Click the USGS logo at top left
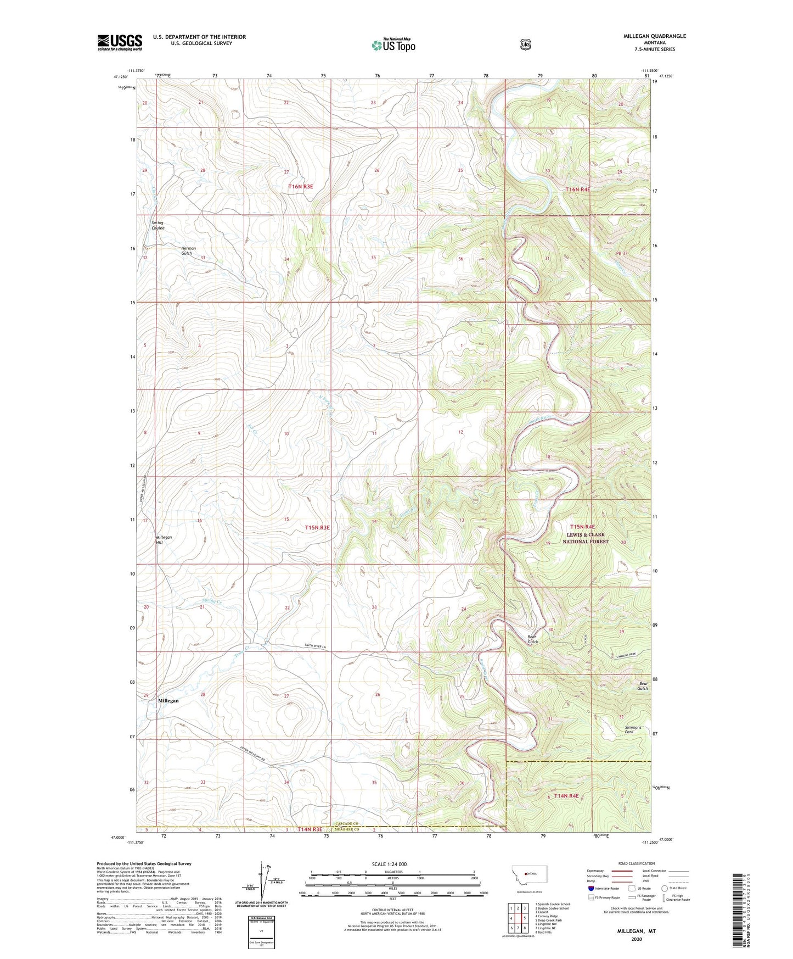[x=120, y=42]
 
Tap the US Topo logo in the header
[x=392, y=45]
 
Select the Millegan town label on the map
[x=168, y=701]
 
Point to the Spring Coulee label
[x=158, y=225]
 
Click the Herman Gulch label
[x=188, y=250]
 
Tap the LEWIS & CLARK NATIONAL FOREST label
[x=585, y=538]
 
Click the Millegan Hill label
[x=164, y=539]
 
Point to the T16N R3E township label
[x=301, y=187]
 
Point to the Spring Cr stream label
[x=211, y=601]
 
